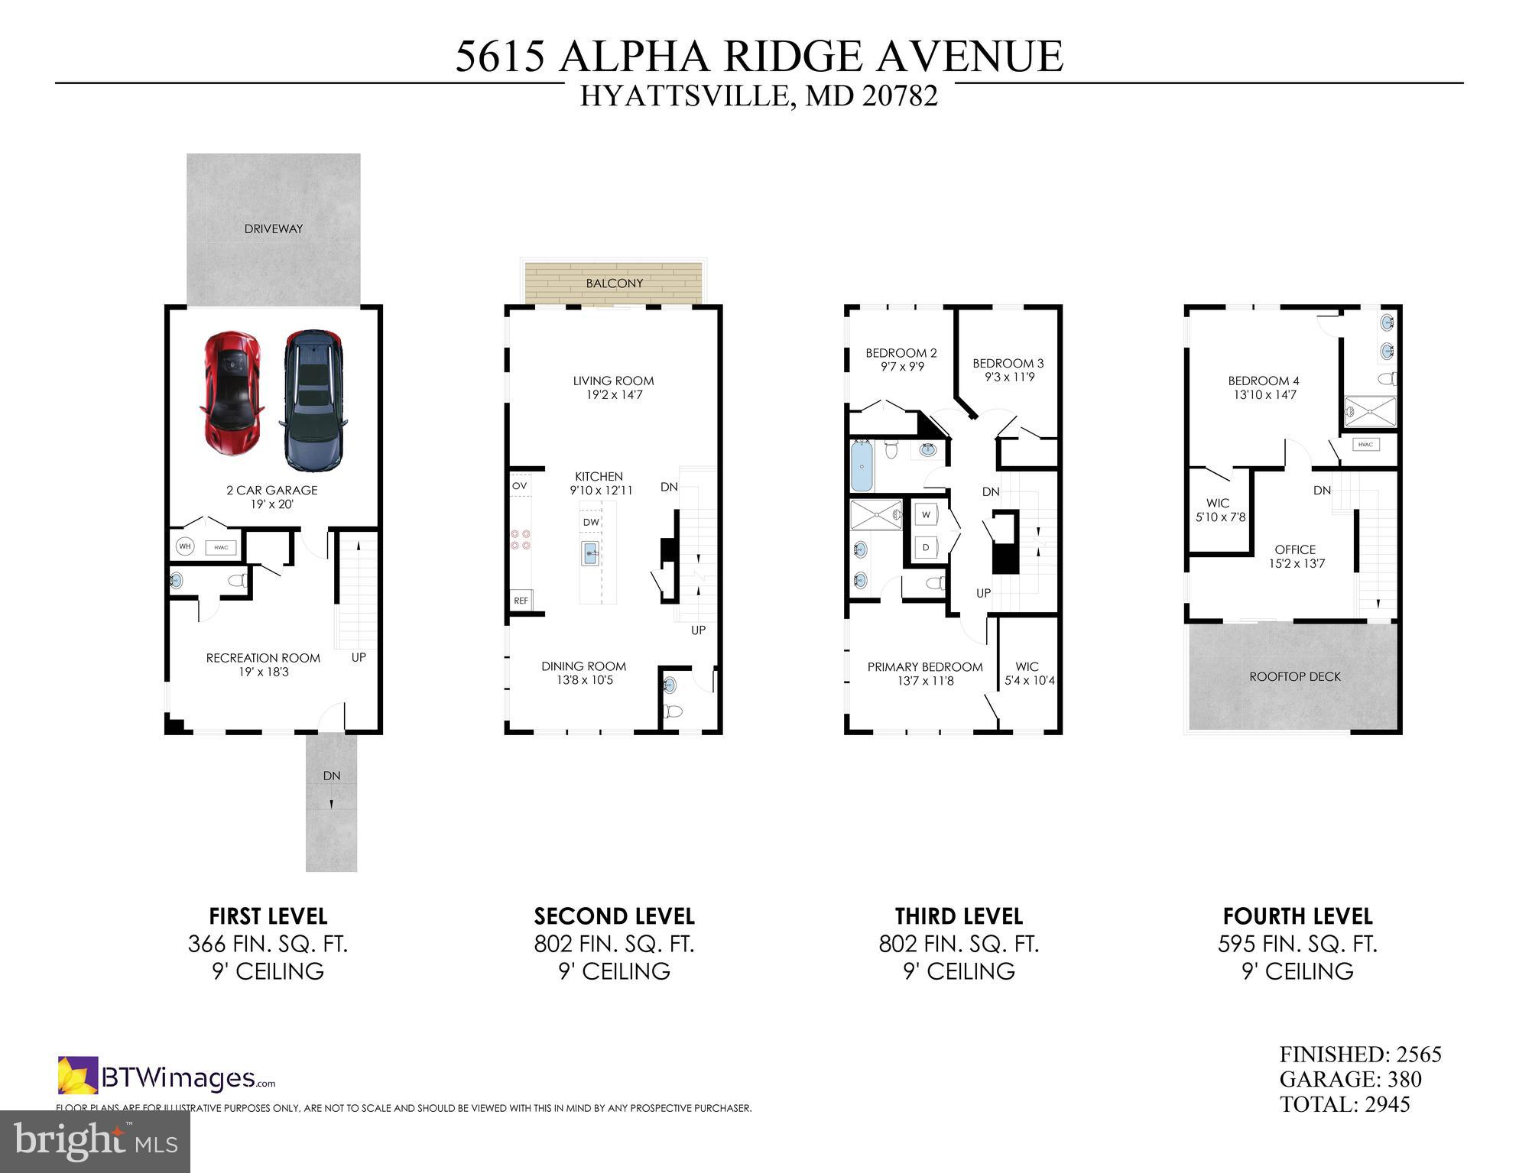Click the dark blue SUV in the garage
pyautogui.click(x=313, y=400)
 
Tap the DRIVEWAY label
pyautogui.click(x=273, y=228)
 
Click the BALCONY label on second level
pyautogui.click(x=614, y=284)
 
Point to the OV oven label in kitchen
pyautogui.click(x=519, y=486)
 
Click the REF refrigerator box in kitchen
pyautogui.click(x=521, y=601)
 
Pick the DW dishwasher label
pyautogui.click(x=591, y=523)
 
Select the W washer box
pyautogui.click(x=926, y=515)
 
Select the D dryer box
pyautogui.click(x=926, y=548)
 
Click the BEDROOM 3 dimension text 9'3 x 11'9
pyautogui.click(x=1008, y=377)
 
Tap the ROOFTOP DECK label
pyautogui.click(x=1294, y=677)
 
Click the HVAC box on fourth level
pyautogui.click(x=1365, y=445)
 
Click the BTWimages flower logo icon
pyautogui.click(x=78, y=1075)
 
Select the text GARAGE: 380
pyautogui.click(x=1350, y=1080)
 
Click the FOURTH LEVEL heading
pyautogui.click(x=1297, y=916)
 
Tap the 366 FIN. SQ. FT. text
pyautogui.click(x=268, y=945)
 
